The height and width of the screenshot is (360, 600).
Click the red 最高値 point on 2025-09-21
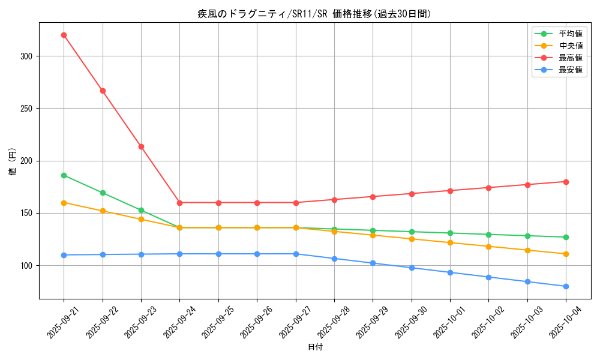pos(64,35)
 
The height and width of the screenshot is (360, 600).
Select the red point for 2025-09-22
pos(103,91)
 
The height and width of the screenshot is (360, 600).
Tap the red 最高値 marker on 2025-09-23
pos(141,146)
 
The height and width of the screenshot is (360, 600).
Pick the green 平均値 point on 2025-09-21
pos(64,175)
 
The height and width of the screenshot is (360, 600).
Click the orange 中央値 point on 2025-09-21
pos(64,203)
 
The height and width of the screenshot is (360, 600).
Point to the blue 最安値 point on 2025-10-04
pos(566,286)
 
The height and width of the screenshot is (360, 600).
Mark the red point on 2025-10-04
pos(566,182)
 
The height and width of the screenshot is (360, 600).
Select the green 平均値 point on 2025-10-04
pos(566,237)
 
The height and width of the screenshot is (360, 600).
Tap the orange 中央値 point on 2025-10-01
pos(450,242)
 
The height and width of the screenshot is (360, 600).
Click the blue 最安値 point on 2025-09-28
pos(334,259)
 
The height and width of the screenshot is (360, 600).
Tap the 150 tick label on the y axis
pos(28,214)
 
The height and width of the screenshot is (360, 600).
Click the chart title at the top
pos(314,14)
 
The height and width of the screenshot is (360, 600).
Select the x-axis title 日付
pos(314,347)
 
